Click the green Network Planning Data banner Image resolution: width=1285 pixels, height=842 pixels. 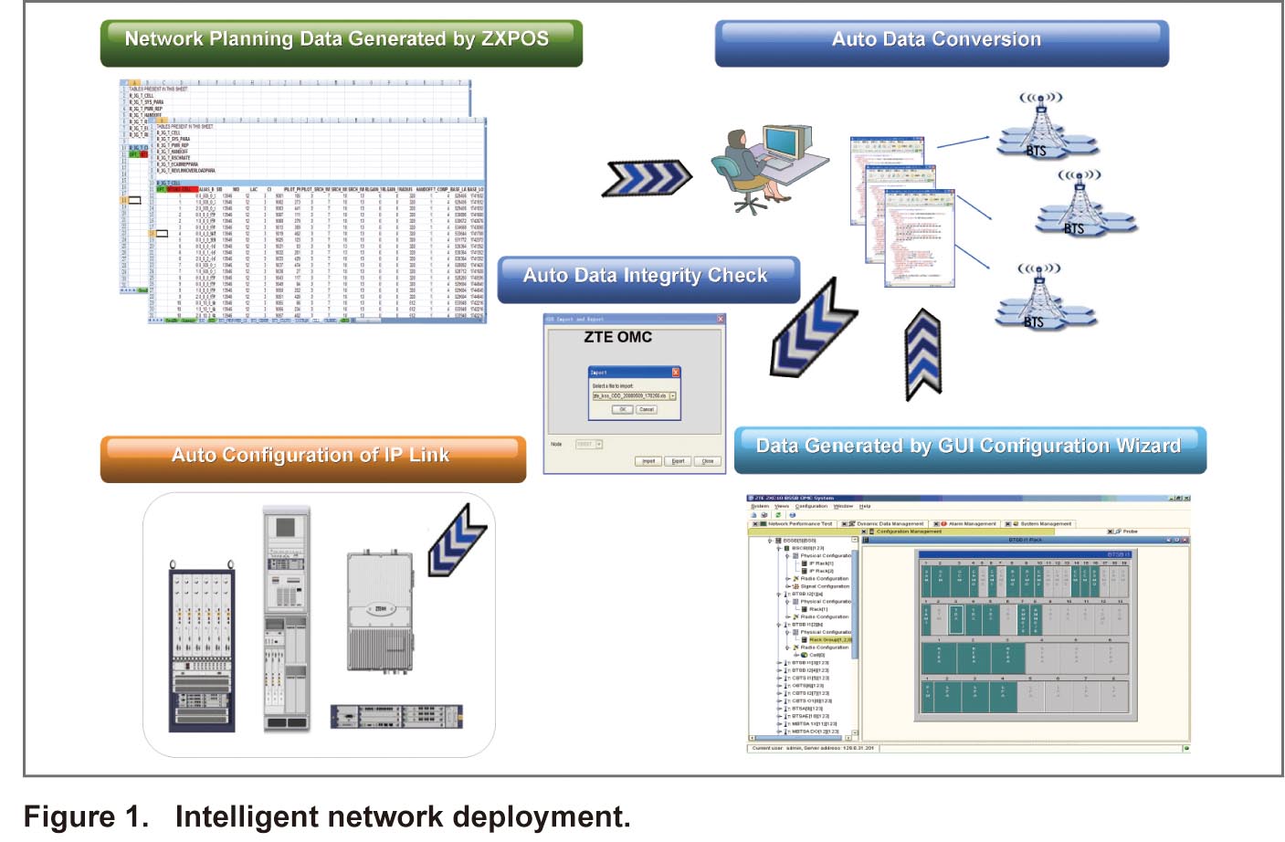point(341,42)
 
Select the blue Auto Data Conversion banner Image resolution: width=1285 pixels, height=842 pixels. point(941,42)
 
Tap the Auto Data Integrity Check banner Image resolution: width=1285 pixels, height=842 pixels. point(648,278)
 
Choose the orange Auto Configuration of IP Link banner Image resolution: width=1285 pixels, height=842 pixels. point(312,457)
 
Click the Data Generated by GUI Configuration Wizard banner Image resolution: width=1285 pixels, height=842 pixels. point(969,448)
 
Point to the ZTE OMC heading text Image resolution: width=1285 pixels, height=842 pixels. point(618,338)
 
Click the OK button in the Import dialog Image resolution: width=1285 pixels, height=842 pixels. point(623,410)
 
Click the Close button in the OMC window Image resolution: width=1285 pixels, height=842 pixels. point(707,461)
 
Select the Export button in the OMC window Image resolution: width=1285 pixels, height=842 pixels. point(678,461)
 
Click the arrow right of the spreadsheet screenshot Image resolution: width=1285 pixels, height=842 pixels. point(647,179)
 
